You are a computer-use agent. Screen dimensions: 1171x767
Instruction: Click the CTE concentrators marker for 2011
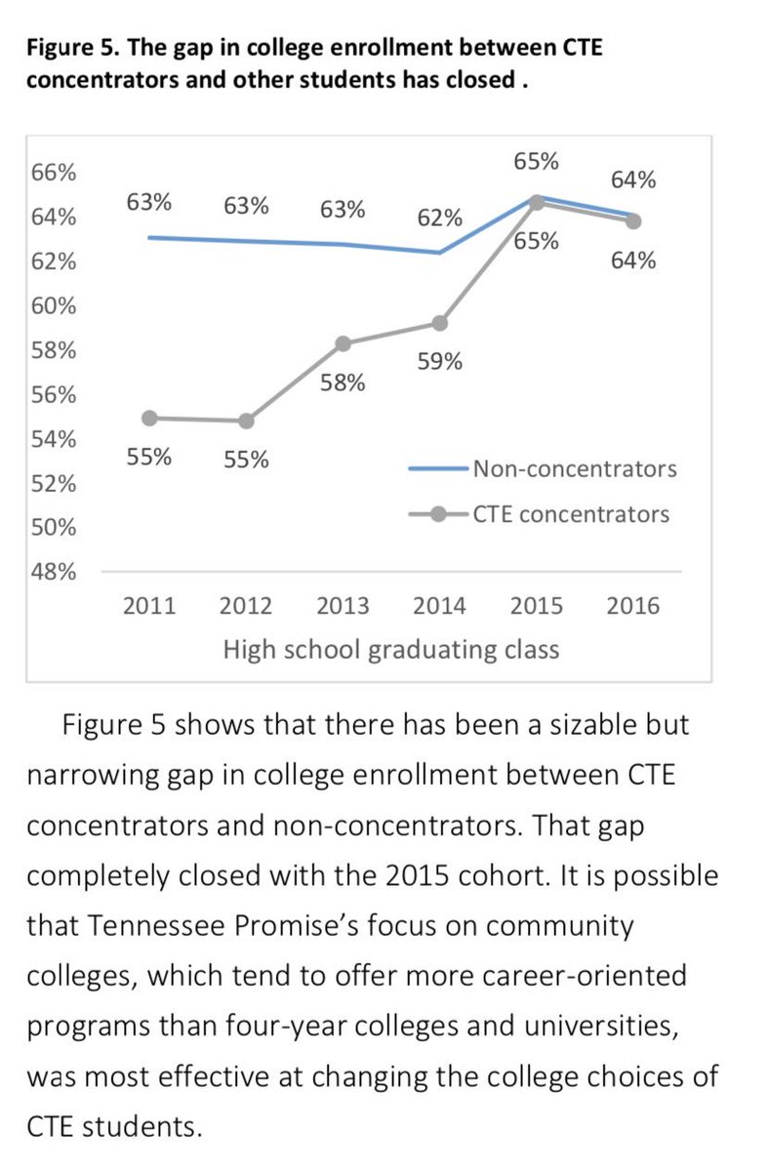[149, 418]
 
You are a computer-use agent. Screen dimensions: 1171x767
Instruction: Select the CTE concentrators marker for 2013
[343, 343]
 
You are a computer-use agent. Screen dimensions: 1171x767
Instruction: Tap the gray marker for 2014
[439, 322]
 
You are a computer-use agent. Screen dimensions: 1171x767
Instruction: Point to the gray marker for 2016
[632, 221]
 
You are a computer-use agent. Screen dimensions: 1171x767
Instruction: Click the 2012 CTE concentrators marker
[246, 421]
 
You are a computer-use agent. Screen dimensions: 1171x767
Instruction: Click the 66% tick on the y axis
[54, 173]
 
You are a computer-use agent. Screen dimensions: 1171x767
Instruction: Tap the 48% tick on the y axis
[54, 572]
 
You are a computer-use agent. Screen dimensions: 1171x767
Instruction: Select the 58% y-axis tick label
[54, 350]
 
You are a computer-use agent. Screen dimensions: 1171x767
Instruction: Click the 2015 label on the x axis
[536, 606]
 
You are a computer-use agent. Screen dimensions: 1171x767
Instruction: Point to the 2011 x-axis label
[149, 606]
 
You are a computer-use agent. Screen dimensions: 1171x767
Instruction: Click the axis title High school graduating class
[391, 649]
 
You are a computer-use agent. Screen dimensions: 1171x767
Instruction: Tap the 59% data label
[439, 362]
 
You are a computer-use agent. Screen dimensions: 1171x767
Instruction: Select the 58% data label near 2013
[343, 384]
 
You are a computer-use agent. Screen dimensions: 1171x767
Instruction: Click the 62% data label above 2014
[439, 217]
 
